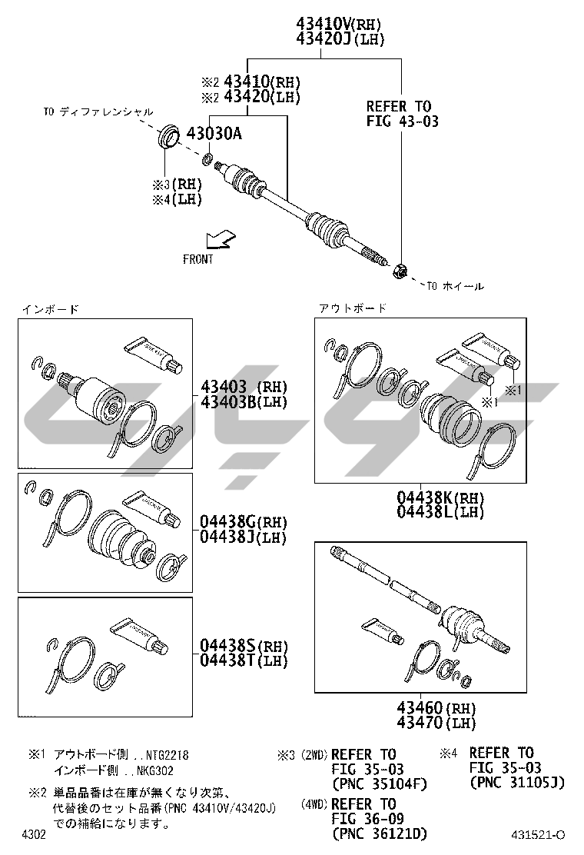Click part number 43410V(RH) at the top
coord(338,23)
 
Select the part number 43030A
coord(214,134)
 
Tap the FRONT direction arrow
coord(220,240)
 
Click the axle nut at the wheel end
coord(399,270)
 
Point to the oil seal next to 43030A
coord(168,136)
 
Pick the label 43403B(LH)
coord(244,402)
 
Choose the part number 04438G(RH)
coord(243,522)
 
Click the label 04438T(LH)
coord(243,660)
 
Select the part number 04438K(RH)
coord(440,497)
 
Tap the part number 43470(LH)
coord(436,723)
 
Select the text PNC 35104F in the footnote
coord(379,784)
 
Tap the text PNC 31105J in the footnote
coord(517,783)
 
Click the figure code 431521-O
coord(538,835)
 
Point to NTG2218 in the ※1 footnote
coord(167,755)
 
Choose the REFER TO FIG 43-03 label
coord(402,114)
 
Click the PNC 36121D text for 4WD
coord(379,833)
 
